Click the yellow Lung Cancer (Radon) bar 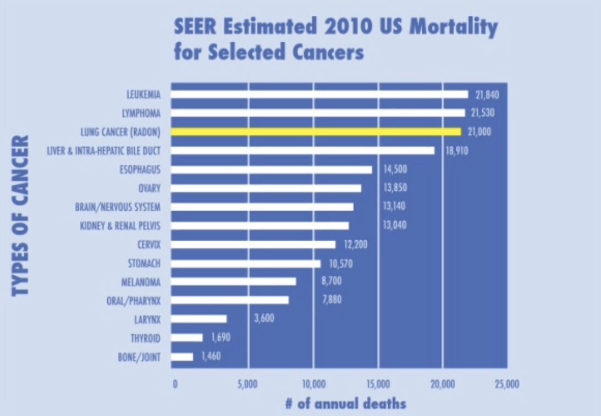coord(316,132)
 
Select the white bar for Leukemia coord(319,95)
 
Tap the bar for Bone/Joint coord(183,357)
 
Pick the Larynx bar coord(199,319)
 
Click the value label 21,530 coord(483,113)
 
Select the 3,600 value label coord(264,319)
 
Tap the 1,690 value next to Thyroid coord(220,337)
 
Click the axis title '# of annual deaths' coord(345,404)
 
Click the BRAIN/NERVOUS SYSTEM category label coord(118,207)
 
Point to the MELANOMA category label coord(141,282)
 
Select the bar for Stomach coord(246,264)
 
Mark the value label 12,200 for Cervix coord(356,244)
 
